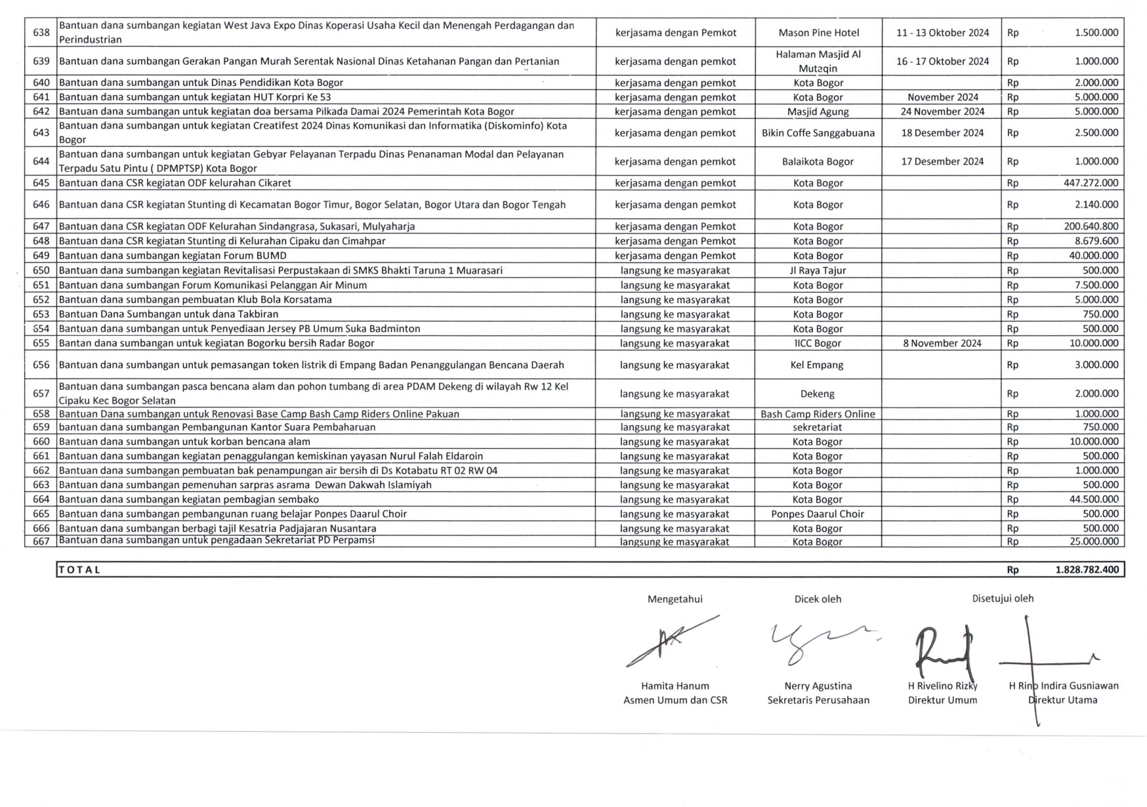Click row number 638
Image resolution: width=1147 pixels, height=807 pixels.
41,33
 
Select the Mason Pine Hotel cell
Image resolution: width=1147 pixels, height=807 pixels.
818,33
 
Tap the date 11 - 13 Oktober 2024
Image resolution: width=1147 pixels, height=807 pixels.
942,33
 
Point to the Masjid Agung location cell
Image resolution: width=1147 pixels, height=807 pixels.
818,112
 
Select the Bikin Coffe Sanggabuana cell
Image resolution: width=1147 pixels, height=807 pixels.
818,133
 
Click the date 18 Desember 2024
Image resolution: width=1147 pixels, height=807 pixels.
942,133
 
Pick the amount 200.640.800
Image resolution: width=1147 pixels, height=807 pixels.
1091,226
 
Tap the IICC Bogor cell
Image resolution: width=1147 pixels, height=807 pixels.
818,343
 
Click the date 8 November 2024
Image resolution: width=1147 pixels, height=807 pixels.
942,343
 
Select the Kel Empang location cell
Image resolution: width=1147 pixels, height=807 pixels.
817,365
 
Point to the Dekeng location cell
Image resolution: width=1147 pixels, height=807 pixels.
817,394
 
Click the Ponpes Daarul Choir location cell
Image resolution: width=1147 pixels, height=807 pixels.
817,514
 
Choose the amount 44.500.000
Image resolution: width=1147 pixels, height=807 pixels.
1093,499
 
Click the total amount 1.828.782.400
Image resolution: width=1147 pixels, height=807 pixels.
1087,569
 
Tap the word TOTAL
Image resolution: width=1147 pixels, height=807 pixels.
79,569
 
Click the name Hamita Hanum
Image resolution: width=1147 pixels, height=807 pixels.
675,686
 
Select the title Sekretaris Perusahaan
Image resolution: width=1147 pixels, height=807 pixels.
818,700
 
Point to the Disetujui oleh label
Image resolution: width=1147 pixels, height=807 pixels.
1003,598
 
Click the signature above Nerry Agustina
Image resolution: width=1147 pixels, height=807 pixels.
820,640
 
